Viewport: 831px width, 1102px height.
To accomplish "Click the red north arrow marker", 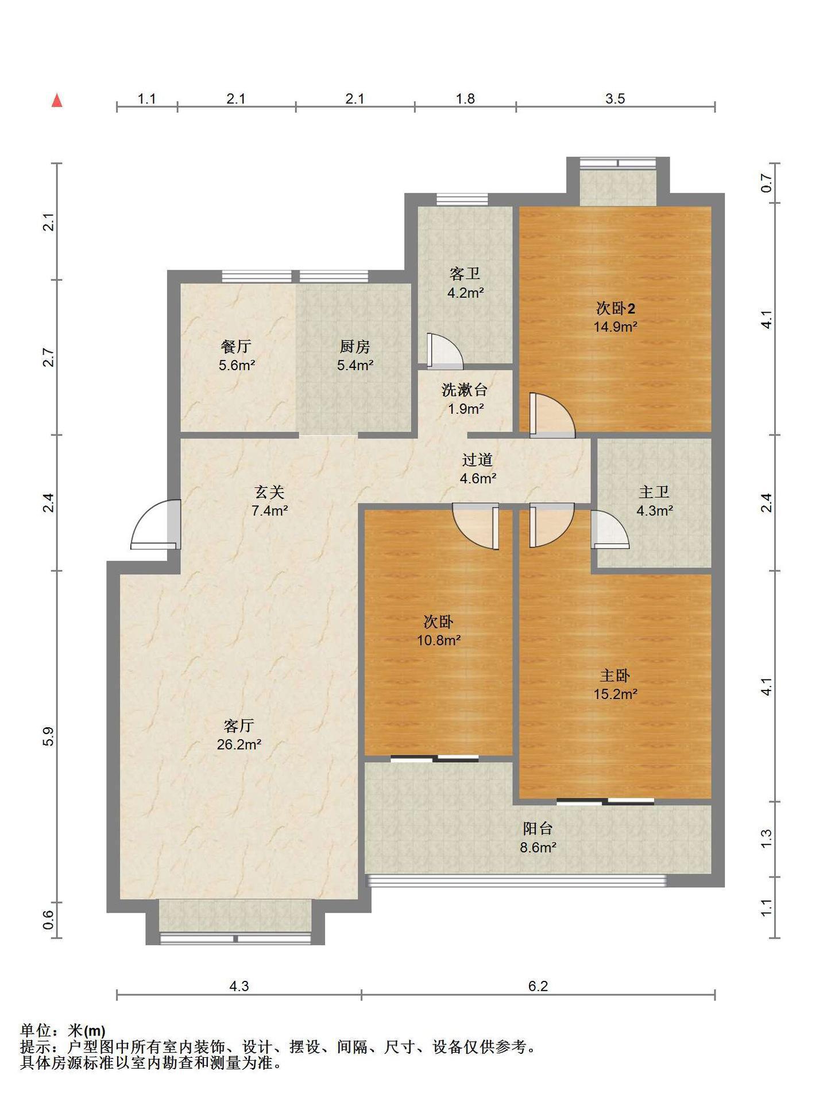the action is click(57, 100).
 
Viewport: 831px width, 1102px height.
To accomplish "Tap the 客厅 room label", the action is click(239, 726).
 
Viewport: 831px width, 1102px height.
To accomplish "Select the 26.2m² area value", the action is click(239, 744).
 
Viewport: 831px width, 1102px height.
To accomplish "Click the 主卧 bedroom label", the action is click(615, 676).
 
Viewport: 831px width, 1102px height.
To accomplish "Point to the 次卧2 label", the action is click(615, 309).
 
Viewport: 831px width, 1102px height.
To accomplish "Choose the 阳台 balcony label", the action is click(538, 829).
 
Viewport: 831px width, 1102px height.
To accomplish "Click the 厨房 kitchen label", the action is click(355, 347).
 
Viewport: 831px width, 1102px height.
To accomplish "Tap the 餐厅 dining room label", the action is click(236, 347).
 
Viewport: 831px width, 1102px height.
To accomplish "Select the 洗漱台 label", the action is click(465, 390).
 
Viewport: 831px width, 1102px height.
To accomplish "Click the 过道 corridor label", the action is click(478, 460).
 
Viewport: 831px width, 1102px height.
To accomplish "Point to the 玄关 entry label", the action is click(269, 492).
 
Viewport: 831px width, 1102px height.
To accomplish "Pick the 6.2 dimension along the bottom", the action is click(538, 986).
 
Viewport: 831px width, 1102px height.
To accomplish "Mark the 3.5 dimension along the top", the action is click(615, 99).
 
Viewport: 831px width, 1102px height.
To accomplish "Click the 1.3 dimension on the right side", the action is click(766, 839).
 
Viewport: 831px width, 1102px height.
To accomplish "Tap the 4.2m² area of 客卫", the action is click(466, 293).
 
